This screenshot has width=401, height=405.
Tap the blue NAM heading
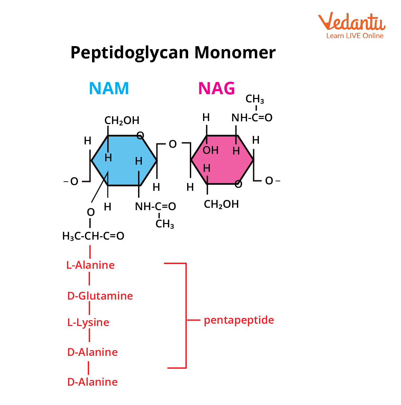(x=109, y=88)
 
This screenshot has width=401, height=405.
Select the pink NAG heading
(x=216, y=88)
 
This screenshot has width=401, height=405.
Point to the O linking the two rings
(x=173, y=144)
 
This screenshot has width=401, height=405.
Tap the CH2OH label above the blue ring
(x=122, y=120)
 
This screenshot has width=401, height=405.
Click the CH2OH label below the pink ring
(x=221, y=204)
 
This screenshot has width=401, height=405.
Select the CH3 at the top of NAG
(x=254, y=99)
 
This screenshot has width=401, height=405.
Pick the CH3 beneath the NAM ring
(x=165, y=224)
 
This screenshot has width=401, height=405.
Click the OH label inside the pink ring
(x=210, y=150)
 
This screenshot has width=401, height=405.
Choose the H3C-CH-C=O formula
(x=93, y=236)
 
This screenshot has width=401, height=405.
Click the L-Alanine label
(x=90, y=265)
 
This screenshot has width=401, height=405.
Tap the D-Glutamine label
(x=100, y=296)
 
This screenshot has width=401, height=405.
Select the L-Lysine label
(x=88, y=322)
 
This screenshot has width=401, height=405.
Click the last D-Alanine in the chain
(x=92, y=382)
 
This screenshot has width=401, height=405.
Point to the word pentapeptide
(x=239, y=320)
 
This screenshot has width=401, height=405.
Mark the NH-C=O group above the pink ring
(x=252, y=118)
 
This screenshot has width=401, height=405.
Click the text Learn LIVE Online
(x=355, y=36)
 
